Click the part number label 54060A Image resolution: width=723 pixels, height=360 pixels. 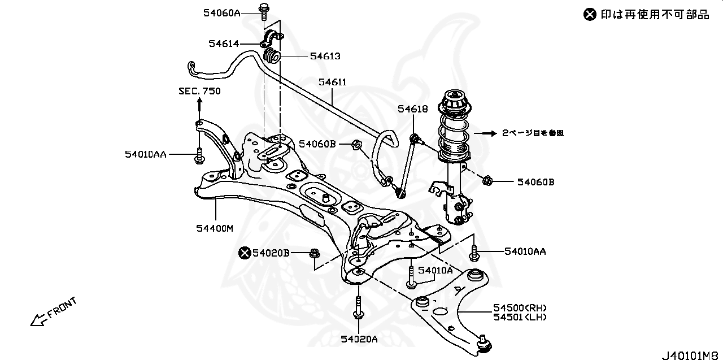point(223,12)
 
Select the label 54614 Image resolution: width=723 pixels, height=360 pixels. point(224,44)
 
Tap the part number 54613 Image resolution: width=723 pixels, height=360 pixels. point(325,56)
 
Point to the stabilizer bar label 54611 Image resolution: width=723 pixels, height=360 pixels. point(332,83)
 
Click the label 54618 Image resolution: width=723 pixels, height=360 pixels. point(412,109)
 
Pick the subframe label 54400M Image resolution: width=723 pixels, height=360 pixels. point(215,228)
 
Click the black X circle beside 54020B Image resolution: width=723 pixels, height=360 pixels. point(245,253)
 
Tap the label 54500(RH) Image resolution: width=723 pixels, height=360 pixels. point(520,308)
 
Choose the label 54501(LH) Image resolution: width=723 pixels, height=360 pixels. point(520,317)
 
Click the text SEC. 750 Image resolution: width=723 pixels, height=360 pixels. point(199,91)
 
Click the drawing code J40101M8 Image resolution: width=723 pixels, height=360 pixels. point(692,355)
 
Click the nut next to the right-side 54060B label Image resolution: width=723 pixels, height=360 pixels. point(488,181)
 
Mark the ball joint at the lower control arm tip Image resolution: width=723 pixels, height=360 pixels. point(484,342)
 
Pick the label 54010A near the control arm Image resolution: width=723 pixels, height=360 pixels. point(438,271)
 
